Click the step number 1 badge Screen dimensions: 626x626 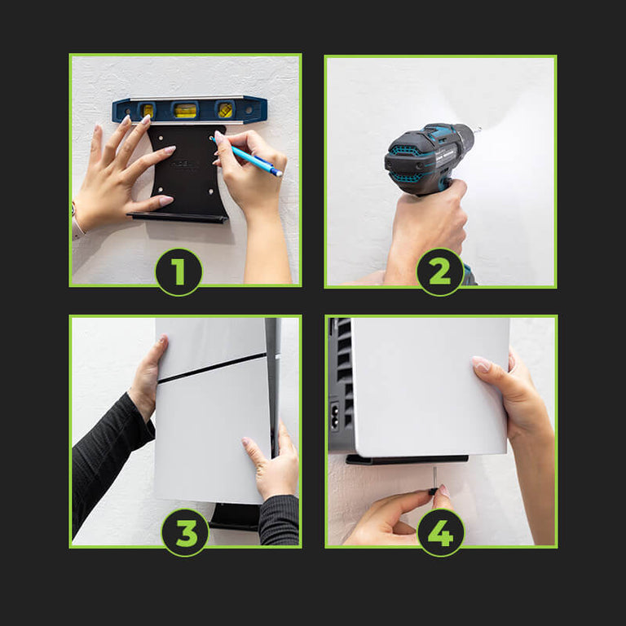pos(179,272)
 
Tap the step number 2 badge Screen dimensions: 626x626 pos(440,272)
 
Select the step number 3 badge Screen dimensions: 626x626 pos(185,532)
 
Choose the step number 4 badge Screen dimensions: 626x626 pos(441,532)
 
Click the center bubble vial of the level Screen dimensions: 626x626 pos(186,110)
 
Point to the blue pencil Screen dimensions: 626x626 pos(248,156)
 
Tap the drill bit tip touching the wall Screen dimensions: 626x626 pos(479,129)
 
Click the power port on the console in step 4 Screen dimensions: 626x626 pos(334,416)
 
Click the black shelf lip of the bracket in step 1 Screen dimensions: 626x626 pos(178,218)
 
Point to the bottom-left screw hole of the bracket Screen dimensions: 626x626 pos(160,190)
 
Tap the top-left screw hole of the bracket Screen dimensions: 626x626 pos(161,138)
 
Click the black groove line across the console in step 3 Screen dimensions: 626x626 pos(212,368)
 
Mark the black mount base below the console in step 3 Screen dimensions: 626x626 pos(235,517)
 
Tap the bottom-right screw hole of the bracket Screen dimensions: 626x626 pos(211,192)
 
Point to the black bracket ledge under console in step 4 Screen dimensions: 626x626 pos(407,459)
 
